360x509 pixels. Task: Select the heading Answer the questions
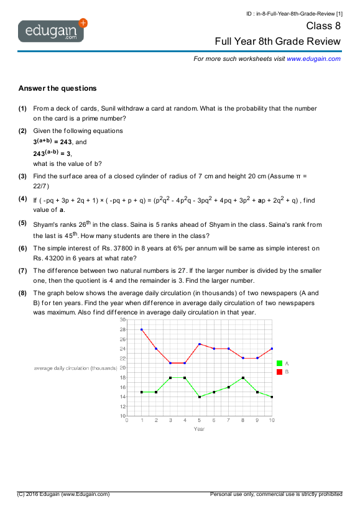pos(57,88)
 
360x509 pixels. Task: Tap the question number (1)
pos(22,108)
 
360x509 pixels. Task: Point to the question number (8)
pos(22,292)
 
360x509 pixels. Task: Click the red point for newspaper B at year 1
pos(141,329)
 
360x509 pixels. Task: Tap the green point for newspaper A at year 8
pos(242,377)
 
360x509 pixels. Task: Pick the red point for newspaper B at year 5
pos(199,344)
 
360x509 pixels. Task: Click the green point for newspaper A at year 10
pos(272,397)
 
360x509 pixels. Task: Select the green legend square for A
pos(279,363)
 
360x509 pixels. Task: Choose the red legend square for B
pos(279,371)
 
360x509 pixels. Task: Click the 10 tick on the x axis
pos(271,421)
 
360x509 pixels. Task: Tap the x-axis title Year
pos(199,429)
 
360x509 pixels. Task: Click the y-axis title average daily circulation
pos(73,368)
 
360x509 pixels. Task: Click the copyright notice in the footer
pos(64,494)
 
